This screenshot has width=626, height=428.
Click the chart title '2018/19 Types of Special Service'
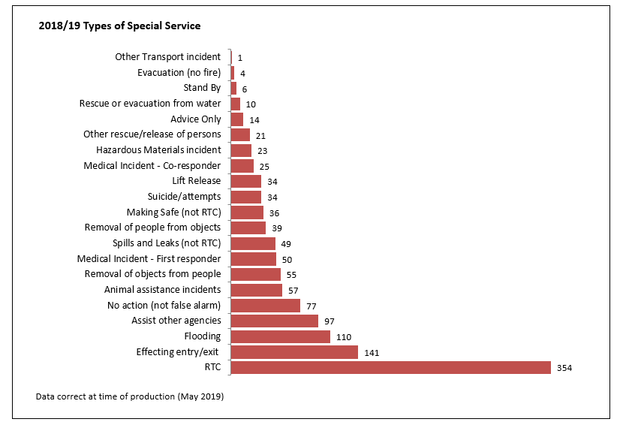pos(119,26)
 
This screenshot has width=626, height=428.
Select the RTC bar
pos(391,367)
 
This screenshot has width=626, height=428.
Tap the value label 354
pos(564,368)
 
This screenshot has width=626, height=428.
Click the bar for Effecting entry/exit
pos(294,352)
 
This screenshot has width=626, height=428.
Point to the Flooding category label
pos(203,336)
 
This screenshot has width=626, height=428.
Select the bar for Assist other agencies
pos(274,321)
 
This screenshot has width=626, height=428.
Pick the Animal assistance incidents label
pos(163,290)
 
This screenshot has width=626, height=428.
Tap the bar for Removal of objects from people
pos(255,274)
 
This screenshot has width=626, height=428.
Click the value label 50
pos(287,260)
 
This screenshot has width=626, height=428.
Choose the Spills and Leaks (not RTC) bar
pos(253,243)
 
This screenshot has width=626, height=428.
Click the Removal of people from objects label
pos(152,228)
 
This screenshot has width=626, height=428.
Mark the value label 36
pos(275,213)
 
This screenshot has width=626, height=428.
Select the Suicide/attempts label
pos(185,197)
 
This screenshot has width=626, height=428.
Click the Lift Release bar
pos(246,181)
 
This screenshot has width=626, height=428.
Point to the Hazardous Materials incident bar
pos(241,150)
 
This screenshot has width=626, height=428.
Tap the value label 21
pos(261,136)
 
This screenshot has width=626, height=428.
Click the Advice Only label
pos(196,119)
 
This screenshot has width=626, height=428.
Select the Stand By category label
pos(203,88)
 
